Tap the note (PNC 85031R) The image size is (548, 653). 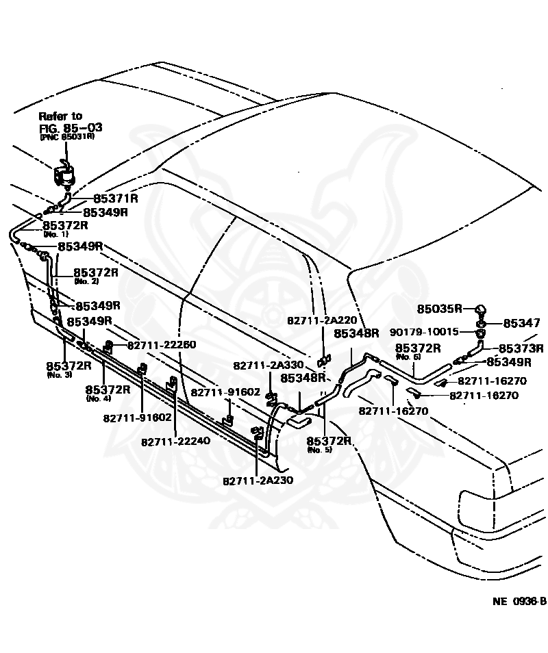pyautogui.click(x=66, y=137)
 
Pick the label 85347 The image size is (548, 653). pyautogui.click(x=522, y=322)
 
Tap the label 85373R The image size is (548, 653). pyautogui.click(x=521, y=348)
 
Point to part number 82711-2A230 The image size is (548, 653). pyautogui.click(x=258, y=480)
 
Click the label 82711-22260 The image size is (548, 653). pyautogui.click(x=162, y=344)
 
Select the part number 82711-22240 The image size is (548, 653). pyautogui.click(x=176, y=441)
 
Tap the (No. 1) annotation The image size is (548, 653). pyautogui.click(x=52, y=234)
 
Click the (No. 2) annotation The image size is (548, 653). pyautogui.click(x=86, y=281)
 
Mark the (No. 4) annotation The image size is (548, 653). pyautogui.click(x=98, y=398)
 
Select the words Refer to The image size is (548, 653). pyautogui.click(x=60, y=116)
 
